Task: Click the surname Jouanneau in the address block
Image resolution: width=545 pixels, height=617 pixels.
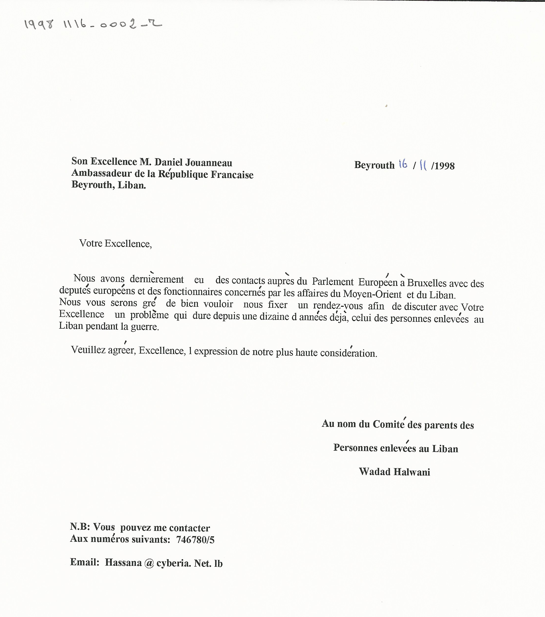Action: pyautogui.click(x=208, y=163)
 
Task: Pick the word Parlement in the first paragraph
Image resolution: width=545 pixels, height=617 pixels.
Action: pyautogui.click(x=333, y=282)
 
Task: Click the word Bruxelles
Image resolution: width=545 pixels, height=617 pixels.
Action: pyautogui.click(x=427, y=283)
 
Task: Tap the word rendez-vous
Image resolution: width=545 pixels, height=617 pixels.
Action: pyautogui.click(x=338, y=306)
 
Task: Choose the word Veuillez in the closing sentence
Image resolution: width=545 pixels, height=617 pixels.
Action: pyautogui.click(x=88, y=350)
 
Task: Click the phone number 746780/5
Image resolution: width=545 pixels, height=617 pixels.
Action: pyautogui.click(x=195, y=540)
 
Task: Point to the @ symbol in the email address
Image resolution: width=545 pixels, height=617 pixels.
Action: pyautogui.click(x=149, y=563)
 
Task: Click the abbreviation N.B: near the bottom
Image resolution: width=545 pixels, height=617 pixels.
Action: pyautogui.click(x=80, y=527)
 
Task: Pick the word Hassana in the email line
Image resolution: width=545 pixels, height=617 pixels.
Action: pyautogui.click(x=123, y=562)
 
